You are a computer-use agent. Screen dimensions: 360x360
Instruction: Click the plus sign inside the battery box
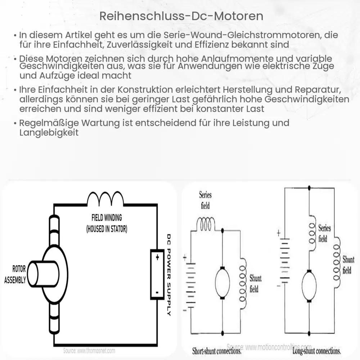[x=157, y=258]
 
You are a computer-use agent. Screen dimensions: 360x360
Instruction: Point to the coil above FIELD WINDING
[x=106, y=198]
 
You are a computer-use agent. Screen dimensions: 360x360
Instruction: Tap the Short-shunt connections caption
[x=216, y=351]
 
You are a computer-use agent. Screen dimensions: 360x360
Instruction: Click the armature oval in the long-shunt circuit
[x=309, y=286]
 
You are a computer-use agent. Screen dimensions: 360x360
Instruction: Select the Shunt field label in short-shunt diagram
[x=255, y=283]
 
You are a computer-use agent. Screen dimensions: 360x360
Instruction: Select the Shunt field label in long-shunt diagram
[x=348, y=265]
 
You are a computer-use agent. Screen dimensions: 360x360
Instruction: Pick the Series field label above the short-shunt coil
[x=205, y=200]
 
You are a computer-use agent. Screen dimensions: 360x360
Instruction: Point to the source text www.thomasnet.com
[x=89, y=350]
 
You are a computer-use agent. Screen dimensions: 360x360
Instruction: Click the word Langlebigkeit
[x=49, y=132]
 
